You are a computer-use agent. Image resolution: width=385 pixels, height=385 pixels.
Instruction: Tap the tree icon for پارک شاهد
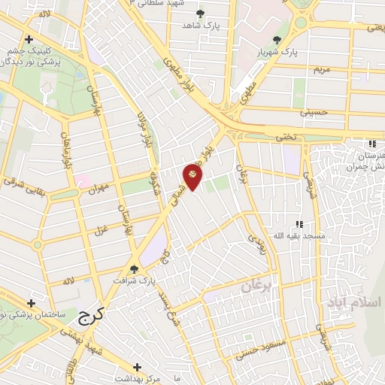[199, 14]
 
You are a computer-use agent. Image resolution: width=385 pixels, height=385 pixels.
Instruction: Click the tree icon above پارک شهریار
[277, 40]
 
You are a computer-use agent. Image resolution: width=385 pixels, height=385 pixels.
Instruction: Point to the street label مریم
[320, 69]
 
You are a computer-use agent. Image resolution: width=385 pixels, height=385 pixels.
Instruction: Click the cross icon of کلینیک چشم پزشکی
[29, 39]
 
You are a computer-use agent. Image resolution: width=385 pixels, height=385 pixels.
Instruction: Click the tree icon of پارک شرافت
[134, 268]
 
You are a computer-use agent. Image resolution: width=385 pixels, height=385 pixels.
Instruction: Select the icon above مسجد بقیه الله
[299, 223]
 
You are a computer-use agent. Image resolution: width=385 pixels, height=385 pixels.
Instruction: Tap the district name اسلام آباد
[353, 303]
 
